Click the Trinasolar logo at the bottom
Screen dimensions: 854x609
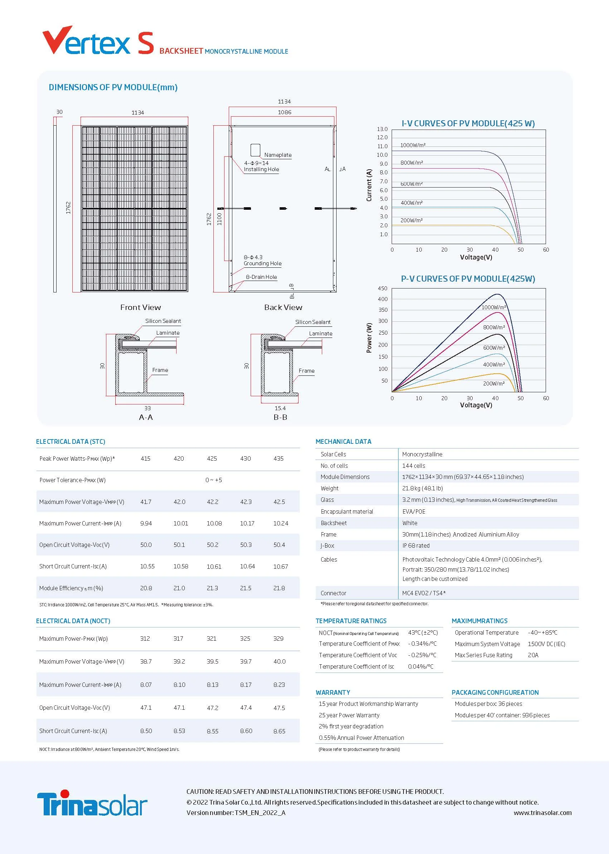(x=92, y=804)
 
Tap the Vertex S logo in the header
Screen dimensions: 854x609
(x=98, y=41)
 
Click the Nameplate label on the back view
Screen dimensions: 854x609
(x=277, y=155)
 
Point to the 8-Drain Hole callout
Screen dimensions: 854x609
(x=261, y=277)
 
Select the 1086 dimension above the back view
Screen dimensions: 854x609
(x=284, y=112)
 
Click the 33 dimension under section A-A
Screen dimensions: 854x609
(x=148, y=408)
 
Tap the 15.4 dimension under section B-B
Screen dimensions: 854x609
(x=280, y=408)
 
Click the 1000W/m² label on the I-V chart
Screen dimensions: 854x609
(x=412, y=145)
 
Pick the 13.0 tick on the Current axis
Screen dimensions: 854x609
(x=382, y=129)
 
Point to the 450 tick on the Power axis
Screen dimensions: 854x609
(x=382, y=288)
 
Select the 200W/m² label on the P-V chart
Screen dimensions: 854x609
(x=493, y=384)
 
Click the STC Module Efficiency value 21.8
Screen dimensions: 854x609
(x=279, y=588)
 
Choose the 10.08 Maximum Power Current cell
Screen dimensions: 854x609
(x=214, y=523)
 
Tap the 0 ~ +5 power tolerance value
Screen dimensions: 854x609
(x=213, y=480)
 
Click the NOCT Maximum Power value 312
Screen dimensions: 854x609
(x=145, y=639)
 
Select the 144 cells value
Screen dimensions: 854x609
(x=414, y=466)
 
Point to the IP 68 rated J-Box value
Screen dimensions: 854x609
(x=416, y=545)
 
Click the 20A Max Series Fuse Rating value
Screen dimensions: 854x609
(x=533, y=655)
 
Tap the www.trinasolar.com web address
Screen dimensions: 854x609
(x=542, y=813)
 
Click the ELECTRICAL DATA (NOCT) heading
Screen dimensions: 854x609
(x=73, y=621)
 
